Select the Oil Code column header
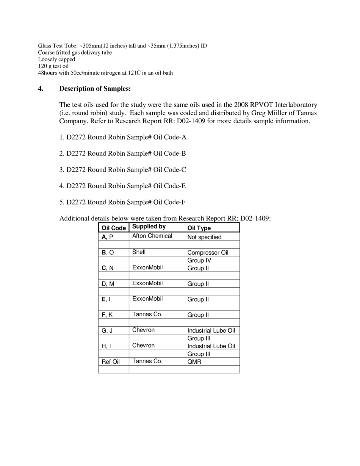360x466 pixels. click(x=114, y=228)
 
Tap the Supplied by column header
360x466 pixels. click(x=149, y=227)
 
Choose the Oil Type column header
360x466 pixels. click(x=199, y=228)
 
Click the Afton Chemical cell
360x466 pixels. click(x=152, y=236)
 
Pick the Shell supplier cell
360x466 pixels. click(x=139, y=252)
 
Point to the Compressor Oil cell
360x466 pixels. click(x=208, y=253)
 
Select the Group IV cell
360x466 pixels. click(x=199, y=261)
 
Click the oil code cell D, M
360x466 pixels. click(x=108, y=284)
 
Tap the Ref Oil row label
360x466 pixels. click(x=110, y=362)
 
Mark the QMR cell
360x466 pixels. click(x=194, y=362)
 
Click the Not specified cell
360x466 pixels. click(x=204, y=237)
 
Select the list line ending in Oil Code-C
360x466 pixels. click(x=122, y=170)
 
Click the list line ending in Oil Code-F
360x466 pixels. click(x=122, y=202)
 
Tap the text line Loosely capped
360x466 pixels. click(x=56, y=59)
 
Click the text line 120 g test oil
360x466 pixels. click(x=53, y=66)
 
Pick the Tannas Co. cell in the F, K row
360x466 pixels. click(x=147, y=314)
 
